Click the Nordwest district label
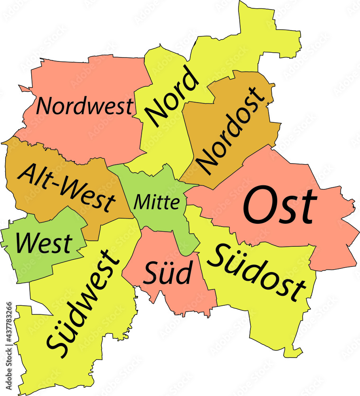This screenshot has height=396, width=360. pos(85,107)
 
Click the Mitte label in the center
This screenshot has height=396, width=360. pos(157,202)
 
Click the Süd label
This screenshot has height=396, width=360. pos(168,273)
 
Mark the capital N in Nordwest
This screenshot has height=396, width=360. pos(44,107)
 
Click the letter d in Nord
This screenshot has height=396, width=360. pos(189,79)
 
